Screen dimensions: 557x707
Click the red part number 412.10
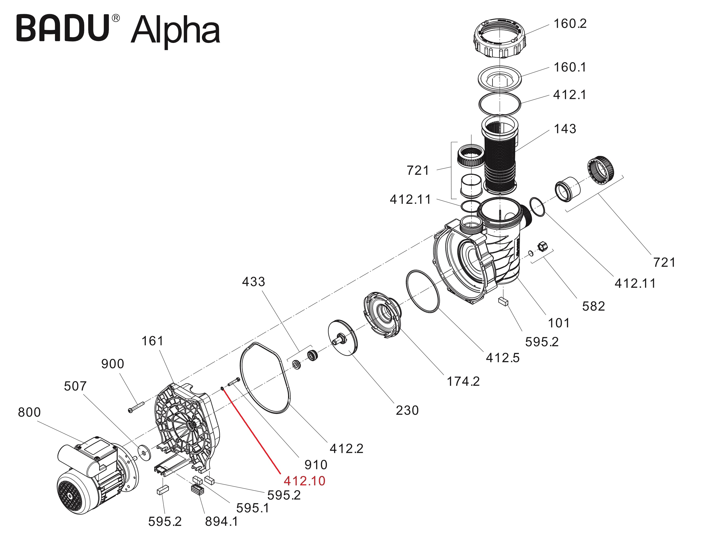pyautogui.click(x=304, y=481)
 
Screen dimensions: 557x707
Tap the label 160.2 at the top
pyautogui.click(x=570, y=24)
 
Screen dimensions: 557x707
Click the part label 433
pyautogui.click(x=253, y=282)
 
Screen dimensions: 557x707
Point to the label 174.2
pyautogui.click(x=463, y=381)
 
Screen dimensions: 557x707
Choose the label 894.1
pyautogui.click(x=221, y=522)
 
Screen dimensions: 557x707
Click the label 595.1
pyautogui.click(x=252, y=508)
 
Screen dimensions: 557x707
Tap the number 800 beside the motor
pyautogui.click(x=29, y=412)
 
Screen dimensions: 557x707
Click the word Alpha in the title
pyautogui.click(x=175, y=31)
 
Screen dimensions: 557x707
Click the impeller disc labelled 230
pyautogui.click(x=343, y=338)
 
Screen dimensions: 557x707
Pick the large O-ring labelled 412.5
pyautogui.click(x=423, y=291)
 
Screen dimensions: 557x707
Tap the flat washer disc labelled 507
pyautogui.click(x=144, y=453)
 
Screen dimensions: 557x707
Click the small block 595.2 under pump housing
pyautogui.click(x=503, y=302)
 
